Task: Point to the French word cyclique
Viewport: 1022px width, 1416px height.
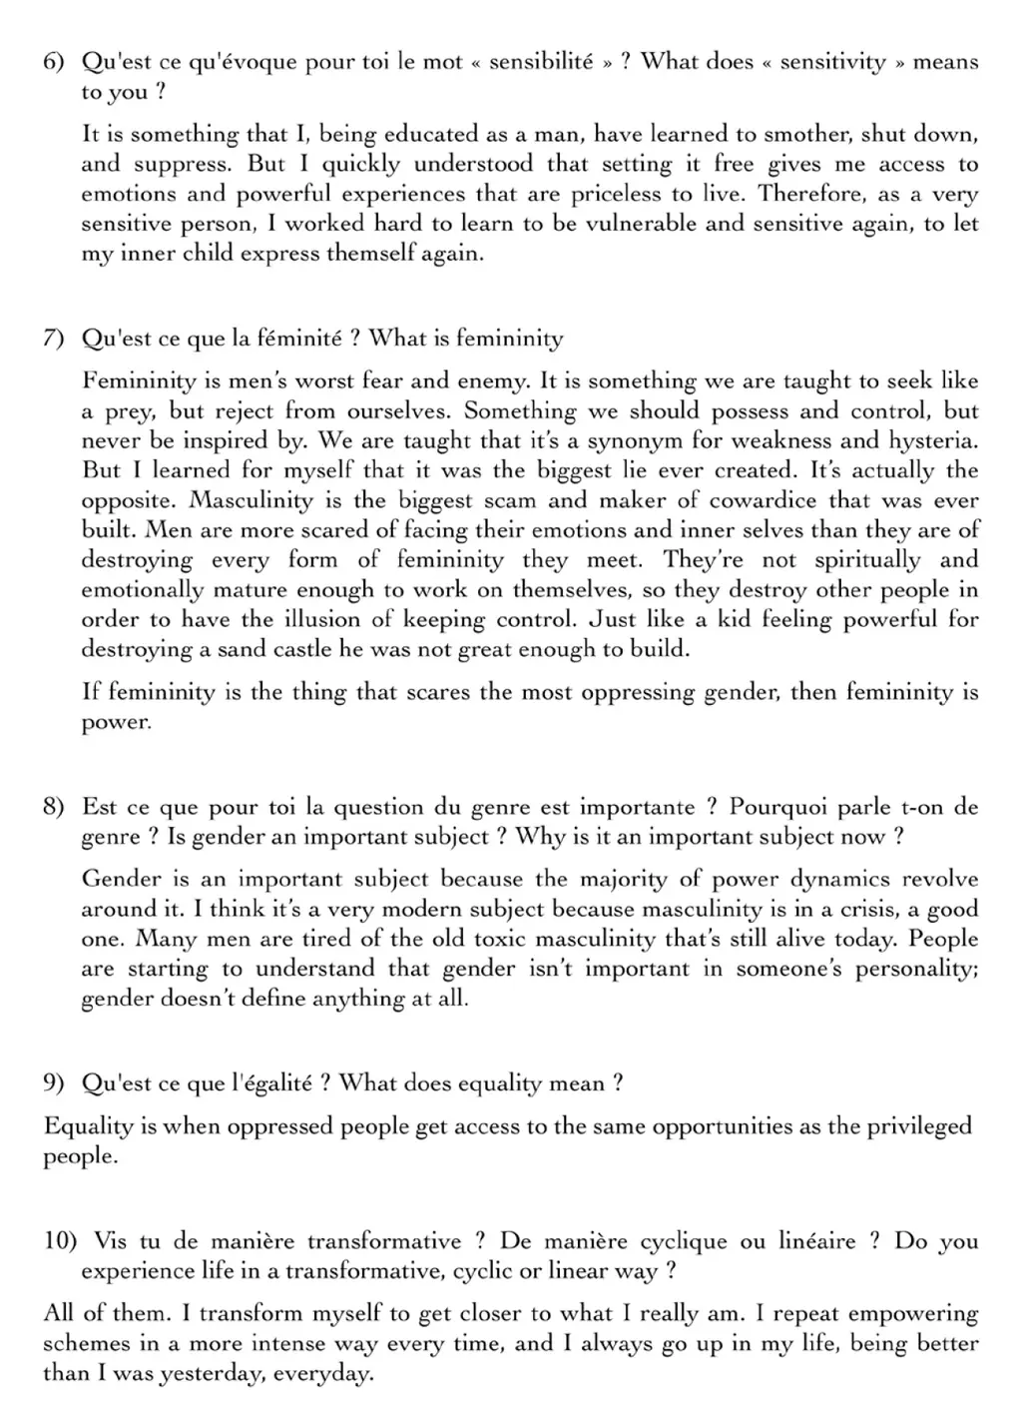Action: click(683, 1241)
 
